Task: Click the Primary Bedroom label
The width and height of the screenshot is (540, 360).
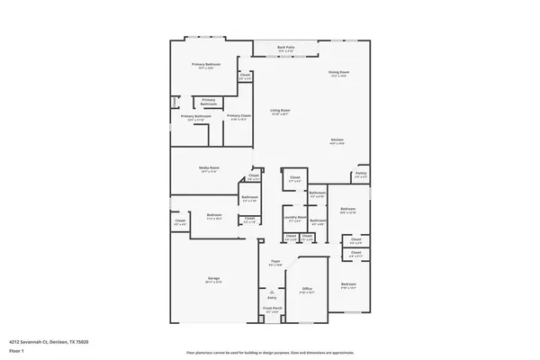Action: click(x=206, y=65)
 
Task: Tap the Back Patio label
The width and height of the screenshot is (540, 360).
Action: click(x=286, y=49)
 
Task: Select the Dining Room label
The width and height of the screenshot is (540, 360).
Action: click(x=338, y=72)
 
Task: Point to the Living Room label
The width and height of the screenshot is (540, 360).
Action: click(x=281, y=112)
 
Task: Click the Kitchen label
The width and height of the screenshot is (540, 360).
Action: click(x=337, y=141)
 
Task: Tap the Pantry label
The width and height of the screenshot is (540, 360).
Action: click(x=360, y=175)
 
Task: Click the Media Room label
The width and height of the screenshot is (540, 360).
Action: click(x=210, y=168)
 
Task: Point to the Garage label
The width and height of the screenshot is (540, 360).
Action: click(x=214, y=280)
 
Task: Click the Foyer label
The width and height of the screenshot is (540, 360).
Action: click(x=275, y=263)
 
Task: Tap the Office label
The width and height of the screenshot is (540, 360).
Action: click(x=306, y=289)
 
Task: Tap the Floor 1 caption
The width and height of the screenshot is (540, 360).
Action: click(x=17, y=351)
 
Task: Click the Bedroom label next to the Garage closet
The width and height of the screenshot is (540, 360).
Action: click(x=213, y=216)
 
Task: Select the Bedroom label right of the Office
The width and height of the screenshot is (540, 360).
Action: click(x=348, y=285)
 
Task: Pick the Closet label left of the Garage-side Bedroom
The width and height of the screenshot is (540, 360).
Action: click(x=180, y=221)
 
